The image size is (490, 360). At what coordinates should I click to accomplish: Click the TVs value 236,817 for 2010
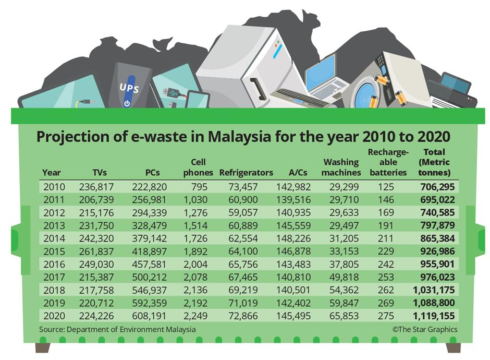(x=96, y=187)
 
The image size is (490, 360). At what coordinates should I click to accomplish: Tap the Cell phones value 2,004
(x=196, y=264)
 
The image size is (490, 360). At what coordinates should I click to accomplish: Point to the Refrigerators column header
(x=246, y=172)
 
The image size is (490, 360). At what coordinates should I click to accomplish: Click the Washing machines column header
(x=342, y=167)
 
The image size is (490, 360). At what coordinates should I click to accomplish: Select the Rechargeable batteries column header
(x=387, y=162)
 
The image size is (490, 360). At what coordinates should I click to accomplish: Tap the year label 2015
(x=52, y=251)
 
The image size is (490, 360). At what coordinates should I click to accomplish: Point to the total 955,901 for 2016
(x=437, y=264)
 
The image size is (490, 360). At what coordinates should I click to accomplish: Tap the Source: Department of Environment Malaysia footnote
(x=118, y=329)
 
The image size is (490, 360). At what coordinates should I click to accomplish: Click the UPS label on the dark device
(x=129, y=86)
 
